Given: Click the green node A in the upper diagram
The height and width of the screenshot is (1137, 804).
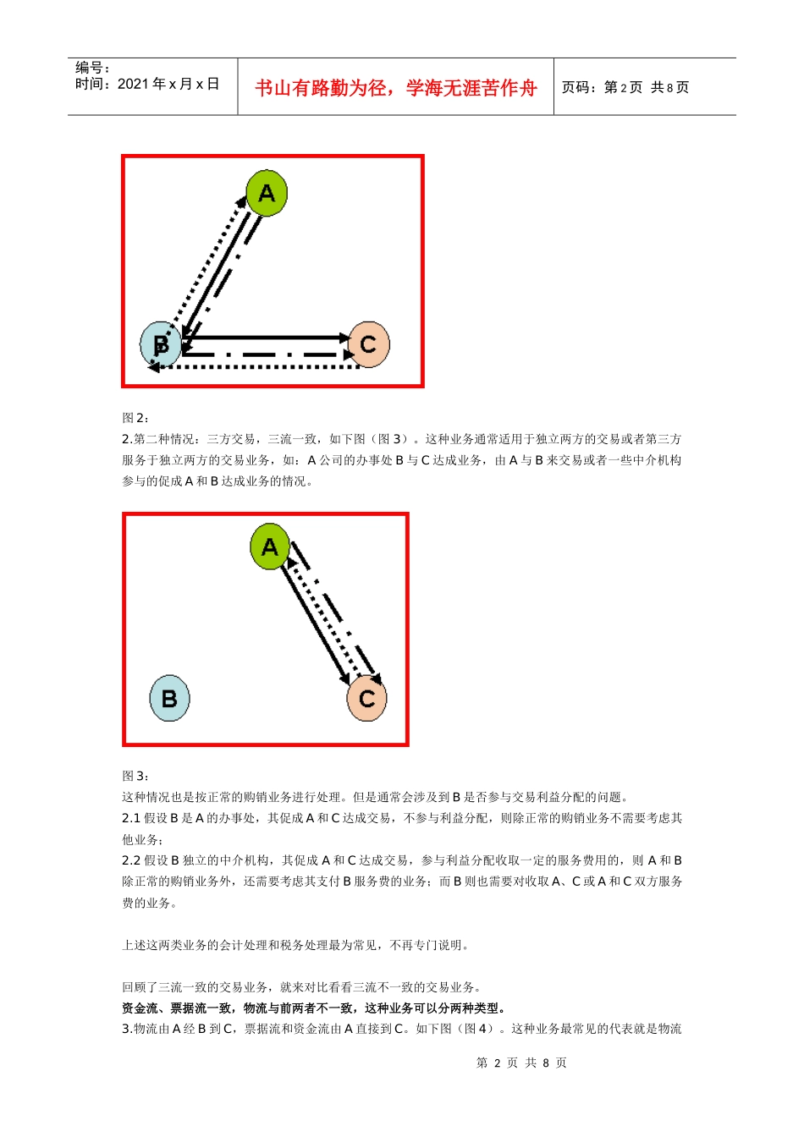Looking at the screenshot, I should pyautogui.click(x=267, y=193).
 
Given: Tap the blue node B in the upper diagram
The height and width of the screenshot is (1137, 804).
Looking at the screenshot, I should pyautogui.click(x=160, y=344).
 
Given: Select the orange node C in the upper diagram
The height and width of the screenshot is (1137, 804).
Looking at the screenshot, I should pyautogui.click(x=368, y=344).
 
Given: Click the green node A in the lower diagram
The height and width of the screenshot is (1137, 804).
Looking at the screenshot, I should pyautogui.click(x=270, y=547).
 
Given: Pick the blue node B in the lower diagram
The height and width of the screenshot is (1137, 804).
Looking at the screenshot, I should pyautogui.click(x=169, y=698).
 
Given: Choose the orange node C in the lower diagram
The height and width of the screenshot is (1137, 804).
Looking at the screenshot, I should pyautogui.click(x=366, y=699).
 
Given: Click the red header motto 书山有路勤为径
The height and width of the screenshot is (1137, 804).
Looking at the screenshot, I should pyautogui.click(x=395, y=88).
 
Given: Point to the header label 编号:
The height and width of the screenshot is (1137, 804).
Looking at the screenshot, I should pyautogui.click(x=92, y=68).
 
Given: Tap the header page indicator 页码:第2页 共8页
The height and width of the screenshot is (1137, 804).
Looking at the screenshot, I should pyautogui.click(x=625, y=88).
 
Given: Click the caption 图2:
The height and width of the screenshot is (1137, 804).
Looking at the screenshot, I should pyautogui.click(x=135, y=418).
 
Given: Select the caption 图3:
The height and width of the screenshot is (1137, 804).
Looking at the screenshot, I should pyautogui.click(x=135, y=776).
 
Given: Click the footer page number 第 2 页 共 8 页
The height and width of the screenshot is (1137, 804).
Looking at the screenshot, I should pyautogui.click(x=521, y=1063).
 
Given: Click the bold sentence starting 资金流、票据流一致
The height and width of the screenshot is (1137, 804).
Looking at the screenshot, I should pyautogui.click(x=314, y=1008).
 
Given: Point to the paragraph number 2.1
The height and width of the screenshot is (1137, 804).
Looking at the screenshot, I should pyautogui.click(x=131, y=818).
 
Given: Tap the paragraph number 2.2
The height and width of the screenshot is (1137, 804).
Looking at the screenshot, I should pyautogui.click(x=131, y=860).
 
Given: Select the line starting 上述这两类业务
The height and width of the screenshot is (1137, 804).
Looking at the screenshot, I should pyautogui.click(x=295, y=945).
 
